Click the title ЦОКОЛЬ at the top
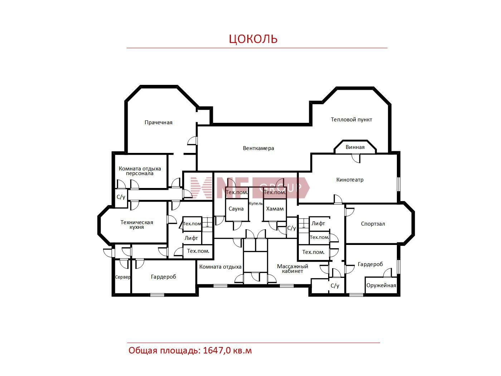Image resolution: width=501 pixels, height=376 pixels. point(253,39)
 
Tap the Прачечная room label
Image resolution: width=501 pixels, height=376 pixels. point(159,122)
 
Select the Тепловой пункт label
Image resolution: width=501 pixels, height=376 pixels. point(351,120)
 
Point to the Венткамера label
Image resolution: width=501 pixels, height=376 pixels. point(258,148)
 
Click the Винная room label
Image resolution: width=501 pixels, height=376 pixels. point(355,147)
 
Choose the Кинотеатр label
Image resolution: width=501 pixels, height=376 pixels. point(350,180)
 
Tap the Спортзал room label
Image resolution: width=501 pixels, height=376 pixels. point(373,224)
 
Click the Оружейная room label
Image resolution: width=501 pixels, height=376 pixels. point(381,285)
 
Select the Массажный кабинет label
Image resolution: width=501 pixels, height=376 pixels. point(292,269)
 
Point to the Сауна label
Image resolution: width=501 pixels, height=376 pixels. point(236,209)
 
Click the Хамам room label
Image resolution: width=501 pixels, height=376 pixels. point(275,209)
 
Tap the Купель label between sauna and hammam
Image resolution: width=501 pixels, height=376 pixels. point(256,204)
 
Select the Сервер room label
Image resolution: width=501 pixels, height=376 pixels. point(123,277)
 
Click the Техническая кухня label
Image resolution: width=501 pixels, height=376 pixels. point(137,225)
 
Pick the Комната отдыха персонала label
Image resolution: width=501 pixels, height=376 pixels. point(140,171)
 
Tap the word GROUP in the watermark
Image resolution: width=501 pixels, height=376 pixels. point(280,188)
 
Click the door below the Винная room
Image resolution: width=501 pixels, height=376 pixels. point(356,158)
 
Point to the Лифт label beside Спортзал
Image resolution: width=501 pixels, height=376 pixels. point(318,224)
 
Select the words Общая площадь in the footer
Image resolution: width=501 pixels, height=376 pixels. point(164,351)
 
